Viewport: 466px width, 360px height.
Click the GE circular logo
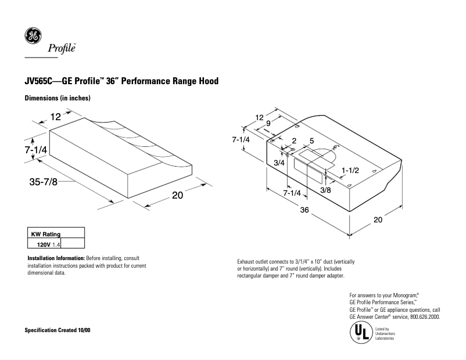pos(32,36)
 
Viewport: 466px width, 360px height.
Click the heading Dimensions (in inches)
pos(57,99)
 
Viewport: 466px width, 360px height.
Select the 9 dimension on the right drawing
pos(268,123)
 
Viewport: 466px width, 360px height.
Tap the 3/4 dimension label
pos(279,163)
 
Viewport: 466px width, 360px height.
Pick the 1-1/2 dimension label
pos(351,170)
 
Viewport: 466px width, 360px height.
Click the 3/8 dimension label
pos(326,190)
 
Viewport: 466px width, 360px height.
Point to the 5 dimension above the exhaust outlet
pos(311,141)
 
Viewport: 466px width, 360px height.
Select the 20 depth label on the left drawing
pos(177,196)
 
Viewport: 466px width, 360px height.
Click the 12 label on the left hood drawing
pos(55,117)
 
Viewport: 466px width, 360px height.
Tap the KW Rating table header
pos(45,234)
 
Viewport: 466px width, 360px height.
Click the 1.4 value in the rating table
pos(56,245)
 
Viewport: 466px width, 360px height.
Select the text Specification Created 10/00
pos(57,330)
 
